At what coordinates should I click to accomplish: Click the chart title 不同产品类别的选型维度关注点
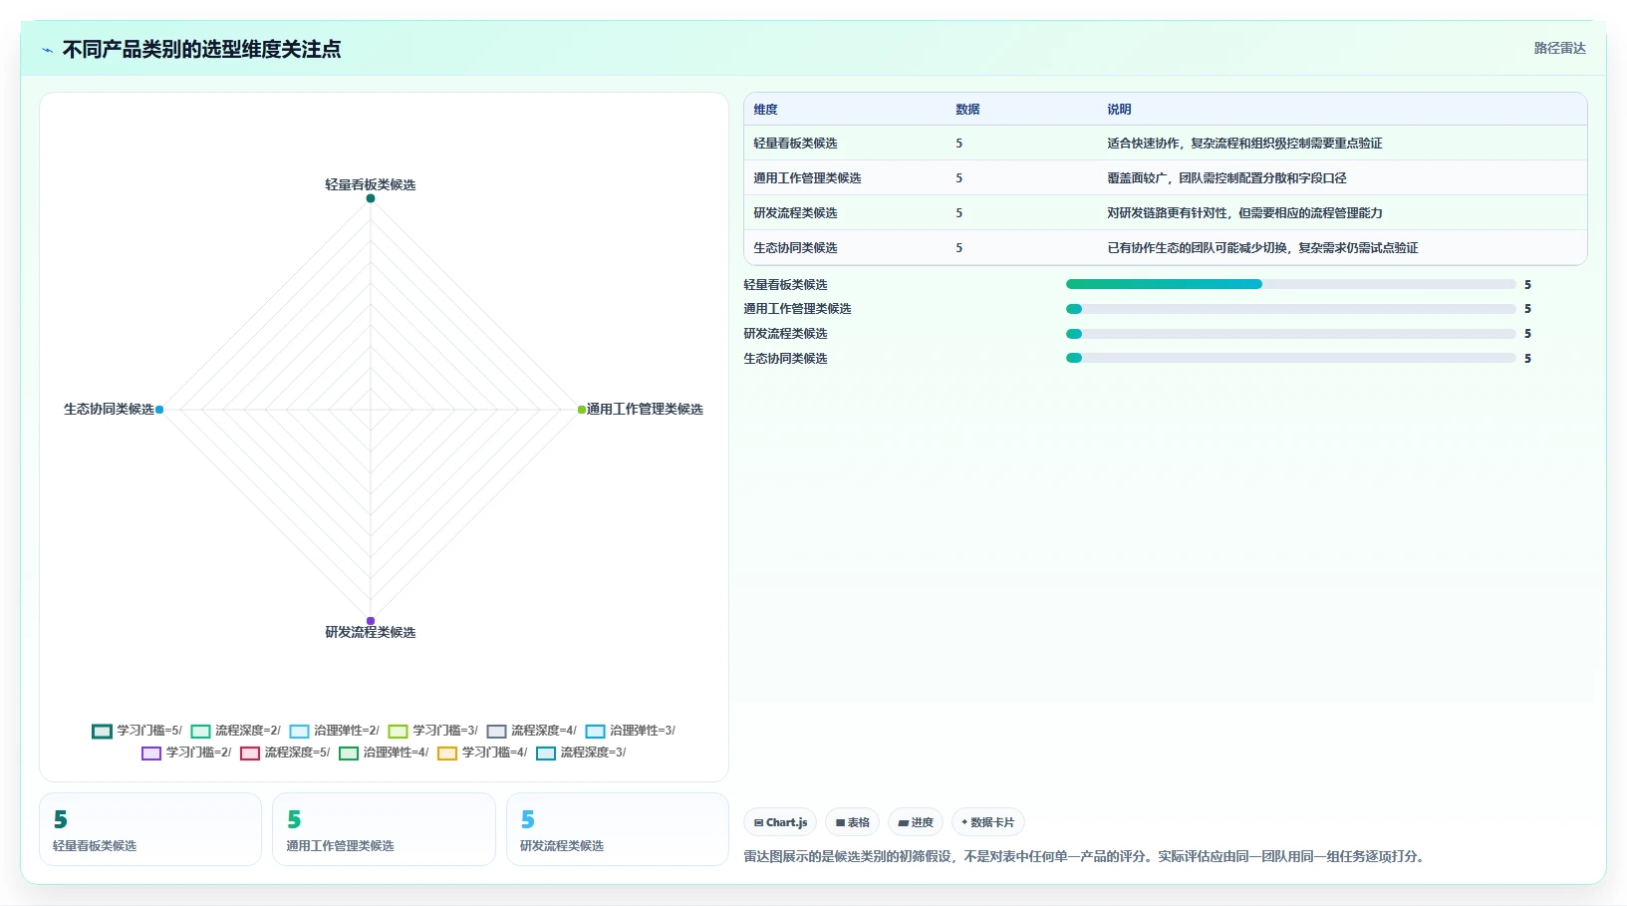tap(201, 50)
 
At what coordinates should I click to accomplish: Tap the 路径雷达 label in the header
tap(1559, 49)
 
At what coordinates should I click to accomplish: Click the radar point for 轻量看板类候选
tap(371, 198)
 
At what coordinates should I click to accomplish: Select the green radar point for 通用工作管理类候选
tap(581, 410)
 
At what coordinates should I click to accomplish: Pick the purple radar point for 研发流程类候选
tap(371, 621)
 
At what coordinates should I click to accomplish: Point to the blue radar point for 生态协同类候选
tap(159, 410)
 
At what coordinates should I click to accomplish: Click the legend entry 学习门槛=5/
tap(137, 731)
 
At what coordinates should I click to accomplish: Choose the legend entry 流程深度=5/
tap(285, 753)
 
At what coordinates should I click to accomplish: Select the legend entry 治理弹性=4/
tap(384, 753)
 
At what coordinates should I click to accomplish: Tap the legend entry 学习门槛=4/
tap(482, 753)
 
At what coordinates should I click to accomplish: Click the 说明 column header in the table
tap(1119, 110)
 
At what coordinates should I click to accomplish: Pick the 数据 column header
tap(967, 110)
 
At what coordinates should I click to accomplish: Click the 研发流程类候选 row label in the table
tap(795, 213)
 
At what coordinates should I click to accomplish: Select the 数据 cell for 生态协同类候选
tap(958, 248)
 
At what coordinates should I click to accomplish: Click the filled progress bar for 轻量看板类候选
tap(1164, 284)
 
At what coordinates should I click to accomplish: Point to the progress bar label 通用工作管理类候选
tap(797, 309)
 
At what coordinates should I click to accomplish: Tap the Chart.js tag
tap(780, 822)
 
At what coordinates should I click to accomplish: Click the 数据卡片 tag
tap(987, 822)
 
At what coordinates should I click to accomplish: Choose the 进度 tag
tap(916, 822)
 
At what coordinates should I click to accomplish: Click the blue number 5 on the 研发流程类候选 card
tap(528, 819)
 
